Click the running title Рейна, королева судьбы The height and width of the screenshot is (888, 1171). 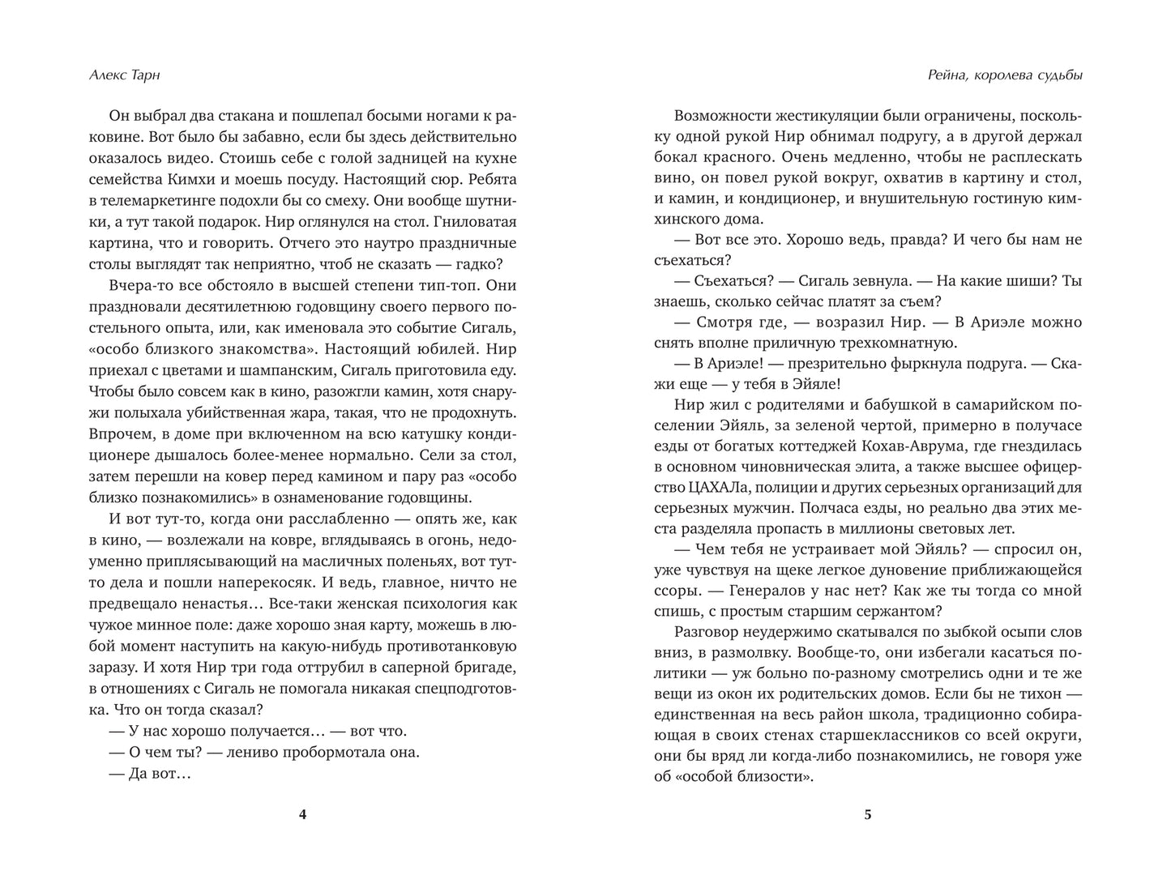(1004, 75)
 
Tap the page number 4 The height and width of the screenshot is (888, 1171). (303, 815)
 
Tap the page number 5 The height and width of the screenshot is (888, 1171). (868, 815)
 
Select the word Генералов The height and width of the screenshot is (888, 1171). (752, 570)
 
